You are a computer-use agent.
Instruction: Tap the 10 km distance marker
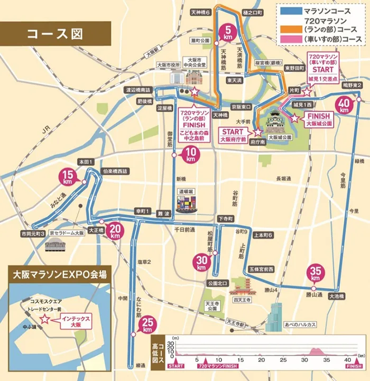190,155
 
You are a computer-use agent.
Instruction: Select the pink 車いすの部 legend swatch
289,39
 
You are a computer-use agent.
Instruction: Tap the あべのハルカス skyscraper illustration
275,316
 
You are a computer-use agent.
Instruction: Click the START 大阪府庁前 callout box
233,135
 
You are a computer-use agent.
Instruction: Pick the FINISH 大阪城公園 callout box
318,119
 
